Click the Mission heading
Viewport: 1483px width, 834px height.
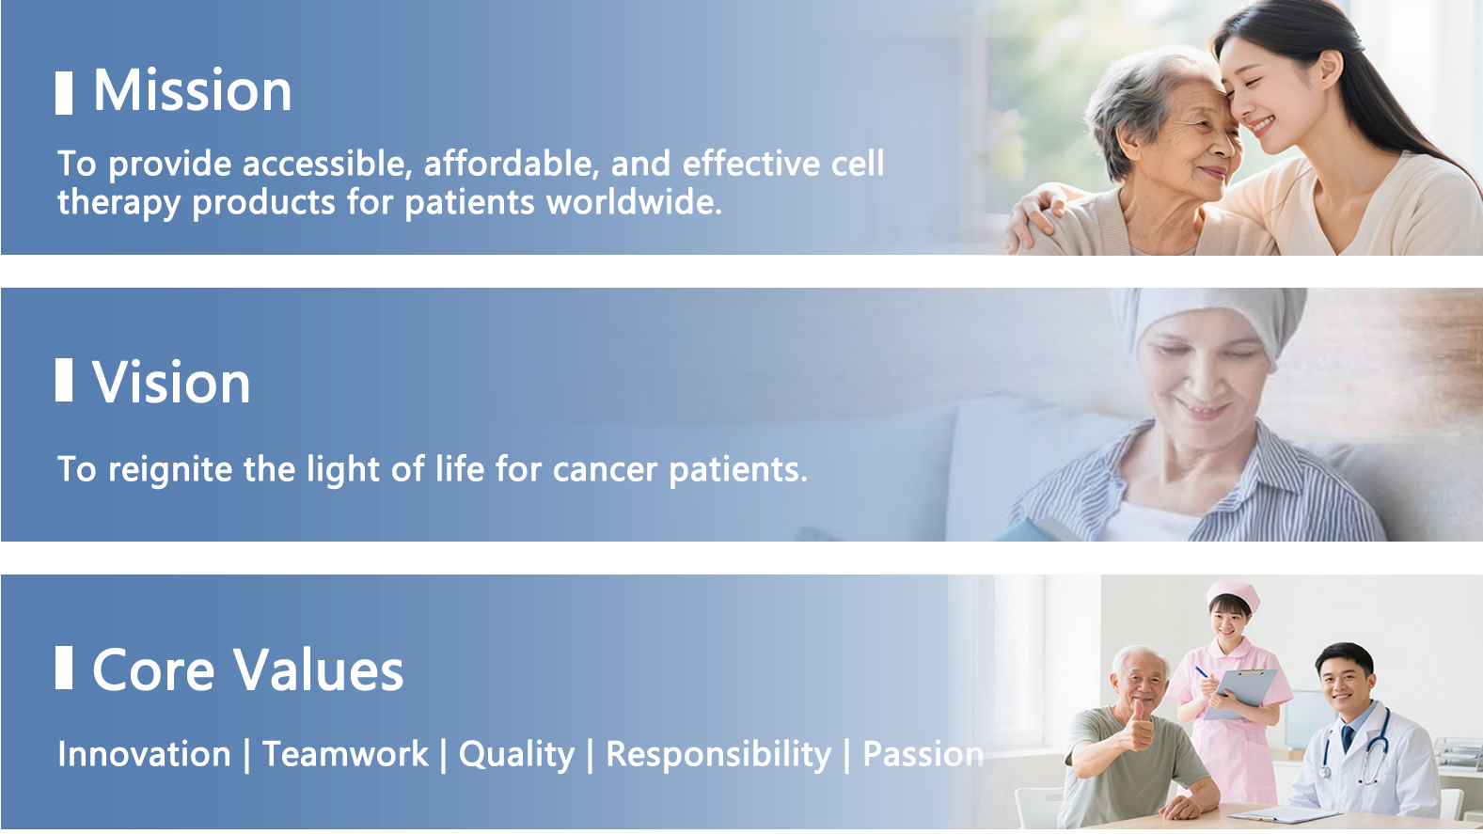point(192,90)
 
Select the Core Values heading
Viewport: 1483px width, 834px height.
point(247,669)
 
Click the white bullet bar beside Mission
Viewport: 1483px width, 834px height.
point(64,93)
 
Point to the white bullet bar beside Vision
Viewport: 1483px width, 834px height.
point(64,380)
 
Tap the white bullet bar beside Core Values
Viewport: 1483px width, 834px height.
point(64,668)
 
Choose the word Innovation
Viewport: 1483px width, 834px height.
point(144,754)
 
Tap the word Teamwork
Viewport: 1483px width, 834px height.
point(345,754)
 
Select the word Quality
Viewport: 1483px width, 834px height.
point(516,755)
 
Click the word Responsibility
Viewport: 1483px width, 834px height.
point(718,755)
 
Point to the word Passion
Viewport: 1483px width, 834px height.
point(923,754)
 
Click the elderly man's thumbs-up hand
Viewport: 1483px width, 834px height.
point(1138,727)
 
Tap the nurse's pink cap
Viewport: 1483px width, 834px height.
point(1232,593)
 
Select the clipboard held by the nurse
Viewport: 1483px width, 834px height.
point(1242,692)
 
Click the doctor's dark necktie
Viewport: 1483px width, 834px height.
point(1347,738)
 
